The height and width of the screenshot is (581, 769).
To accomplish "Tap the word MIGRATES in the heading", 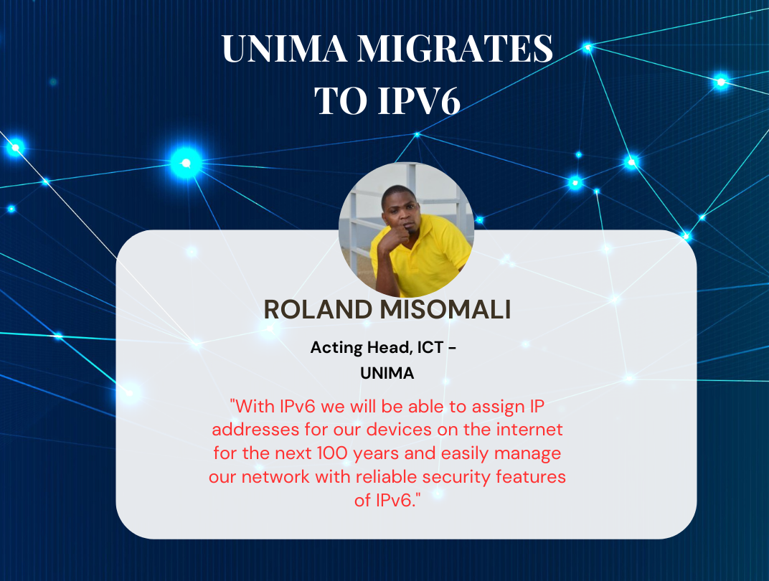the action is (455, 49).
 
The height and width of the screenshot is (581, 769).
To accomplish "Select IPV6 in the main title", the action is (419, 100).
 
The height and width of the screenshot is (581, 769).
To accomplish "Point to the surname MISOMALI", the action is (445, 309).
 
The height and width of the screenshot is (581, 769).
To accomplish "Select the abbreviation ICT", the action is (430, 347).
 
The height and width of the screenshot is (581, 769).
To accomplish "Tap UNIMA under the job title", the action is (387, 374).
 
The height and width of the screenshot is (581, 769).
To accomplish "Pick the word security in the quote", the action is (456, 476).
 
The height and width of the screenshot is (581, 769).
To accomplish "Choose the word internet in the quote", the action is (529, 430).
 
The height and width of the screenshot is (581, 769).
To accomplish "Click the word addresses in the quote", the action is (255, 430).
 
